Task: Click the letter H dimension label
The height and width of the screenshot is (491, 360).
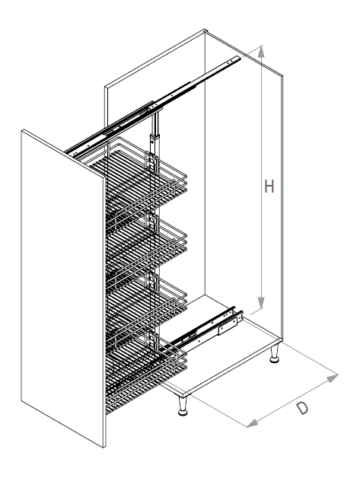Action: click(x=269, y=187)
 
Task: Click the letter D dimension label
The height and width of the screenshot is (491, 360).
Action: click(x=302, y=408)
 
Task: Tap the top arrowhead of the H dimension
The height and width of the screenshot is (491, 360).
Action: click(x=261, y=51)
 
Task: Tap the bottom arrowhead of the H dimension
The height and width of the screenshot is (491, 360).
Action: click(x=261, y=303)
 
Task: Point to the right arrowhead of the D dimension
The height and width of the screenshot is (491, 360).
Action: click(x=333, y=378)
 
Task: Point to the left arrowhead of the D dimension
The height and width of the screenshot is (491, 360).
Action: click(x=253, y=423)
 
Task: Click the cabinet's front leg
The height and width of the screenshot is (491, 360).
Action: click(x=183, y=407)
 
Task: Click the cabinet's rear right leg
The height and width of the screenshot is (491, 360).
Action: click(x=275, y=354)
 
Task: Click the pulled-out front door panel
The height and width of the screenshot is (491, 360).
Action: click(x=62, y=288)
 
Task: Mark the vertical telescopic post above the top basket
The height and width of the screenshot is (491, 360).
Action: click(x=155, y=133)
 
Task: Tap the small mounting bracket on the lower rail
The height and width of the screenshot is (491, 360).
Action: click(x=228, y=325)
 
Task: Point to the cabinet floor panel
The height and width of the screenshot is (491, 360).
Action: click(x=219, y=348)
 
